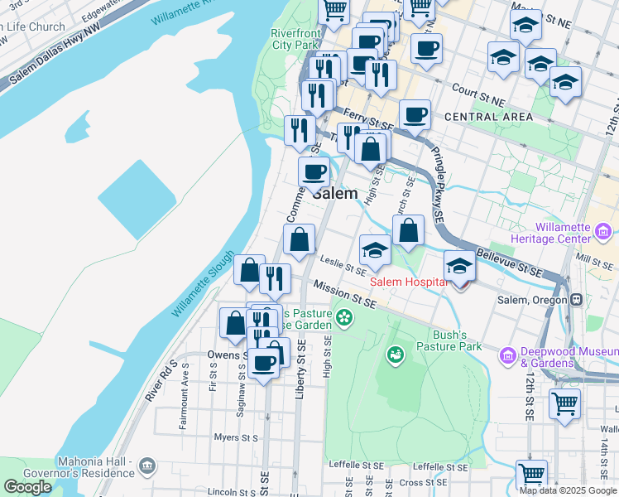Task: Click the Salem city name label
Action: pyautogui.click(x=336, y=193)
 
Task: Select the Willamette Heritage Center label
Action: pyautogui.click(x=574, y=233)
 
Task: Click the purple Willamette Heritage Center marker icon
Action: pyautogui.click(x=604, y=229)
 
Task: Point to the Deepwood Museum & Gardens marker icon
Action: pyautogui.click(x=507, y=355)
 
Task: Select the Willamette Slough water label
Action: pyautogui.click(x=203, y=284)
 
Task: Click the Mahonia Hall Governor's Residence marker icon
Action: pyautogui.click(x=147, y=466)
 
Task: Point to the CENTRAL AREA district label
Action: pyautogui.click(x=488, y=117)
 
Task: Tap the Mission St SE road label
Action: pyautogui.click(x=344, y=295)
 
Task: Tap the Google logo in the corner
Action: pyautogui.click(x=27, y=487)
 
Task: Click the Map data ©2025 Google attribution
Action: pyautogui.click(x=567, y=490)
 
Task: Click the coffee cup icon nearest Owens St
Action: pyautogui.click(x=264, y=363)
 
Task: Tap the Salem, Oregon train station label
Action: pyautogui.click(x=538, y=300)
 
